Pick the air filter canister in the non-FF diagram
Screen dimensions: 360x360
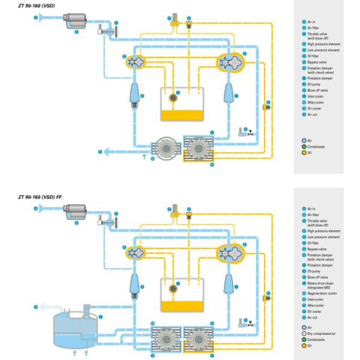[77, 20]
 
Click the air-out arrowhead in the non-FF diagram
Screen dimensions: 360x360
[106, 152]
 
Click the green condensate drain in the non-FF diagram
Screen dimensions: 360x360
[145, 157]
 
